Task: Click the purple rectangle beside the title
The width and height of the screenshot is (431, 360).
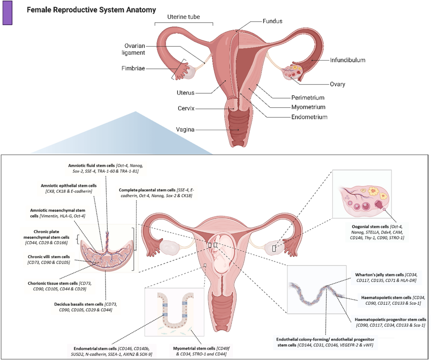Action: (x=7, y=13)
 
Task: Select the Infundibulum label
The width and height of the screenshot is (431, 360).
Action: (x=348, y=60)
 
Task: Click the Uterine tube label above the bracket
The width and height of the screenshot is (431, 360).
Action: (x=184, y=17)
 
